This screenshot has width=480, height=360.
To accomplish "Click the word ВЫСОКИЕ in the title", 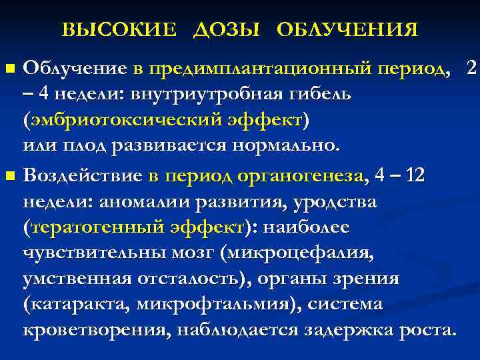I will click(x=119, y=30).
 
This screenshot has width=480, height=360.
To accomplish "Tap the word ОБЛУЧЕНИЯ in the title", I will click(x=347, y=30).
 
